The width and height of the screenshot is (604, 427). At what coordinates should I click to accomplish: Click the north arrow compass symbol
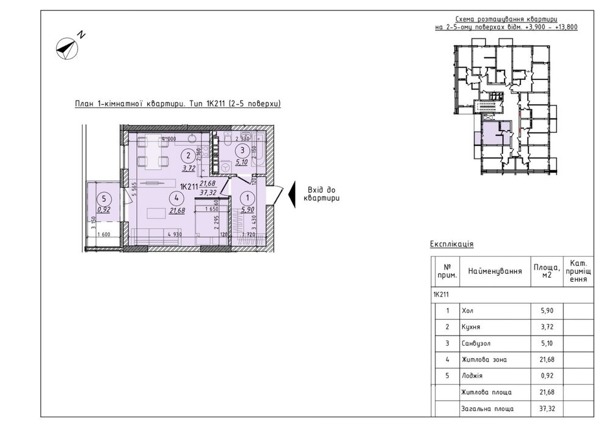pyautogui.click(x=67, y=48)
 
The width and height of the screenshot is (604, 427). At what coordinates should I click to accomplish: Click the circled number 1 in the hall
pyautogui.click(x=248, y=197)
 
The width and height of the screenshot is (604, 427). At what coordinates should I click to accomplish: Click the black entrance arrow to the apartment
pyautogui.click(x=292, y=194)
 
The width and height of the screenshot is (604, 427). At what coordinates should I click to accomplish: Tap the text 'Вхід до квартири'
pyautogui.click(x=323, y=194)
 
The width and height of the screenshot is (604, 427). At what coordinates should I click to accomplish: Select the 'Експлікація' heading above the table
pyautogui.click(x=452, y=244)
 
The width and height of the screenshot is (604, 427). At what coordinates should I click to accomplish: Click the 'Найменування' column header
pyautogui.click(x=495, y=271)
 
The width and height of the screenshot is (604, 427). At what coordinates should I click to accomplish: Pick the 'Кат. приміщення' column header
pyautogui.click(x=578, y=270)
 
